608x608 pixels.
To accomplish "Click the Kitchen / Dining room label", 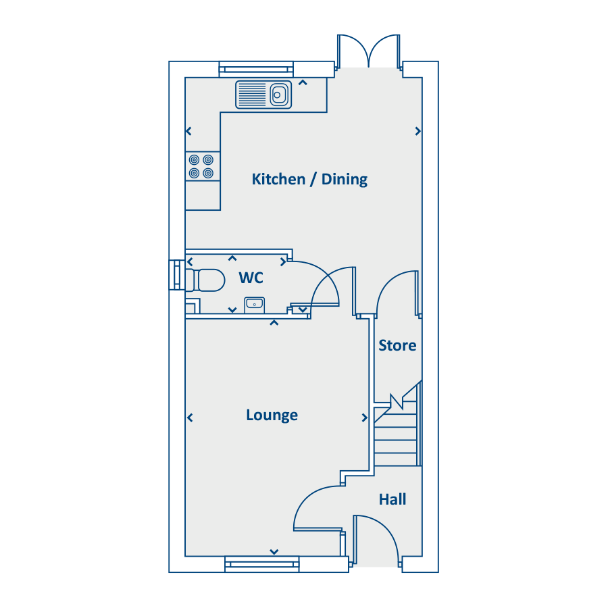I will coord(309,179).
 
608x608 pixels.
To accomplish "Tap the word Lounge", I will coord(272,415).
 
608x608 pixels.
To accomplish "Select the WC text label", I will coord(251,278).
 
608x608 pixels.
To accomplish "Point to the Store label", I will coord(397,345).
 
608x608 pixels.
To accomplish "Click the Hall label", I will coord(392,499).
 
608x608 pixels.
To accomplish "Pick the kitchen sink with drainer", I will coord(263,95).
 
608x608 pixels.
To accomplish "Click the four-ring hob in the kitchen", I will coord(202,166).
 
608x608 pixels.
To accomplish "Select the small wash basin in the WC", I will coord(254,303).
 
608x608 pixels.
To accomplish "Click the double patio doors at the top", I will coord(369,51).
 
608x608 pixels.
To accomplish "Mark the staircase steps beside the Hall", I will coord(396,442).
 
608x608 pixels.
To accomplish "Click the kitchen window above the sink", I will coord(256,70).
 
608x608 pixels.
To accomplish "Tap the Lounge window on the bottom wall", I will coord(261,563).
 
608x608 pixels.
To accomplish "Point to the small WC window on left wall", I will coord(177,276).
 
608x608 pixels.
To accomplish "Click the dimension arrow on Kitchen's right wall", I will coord(418,131).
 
